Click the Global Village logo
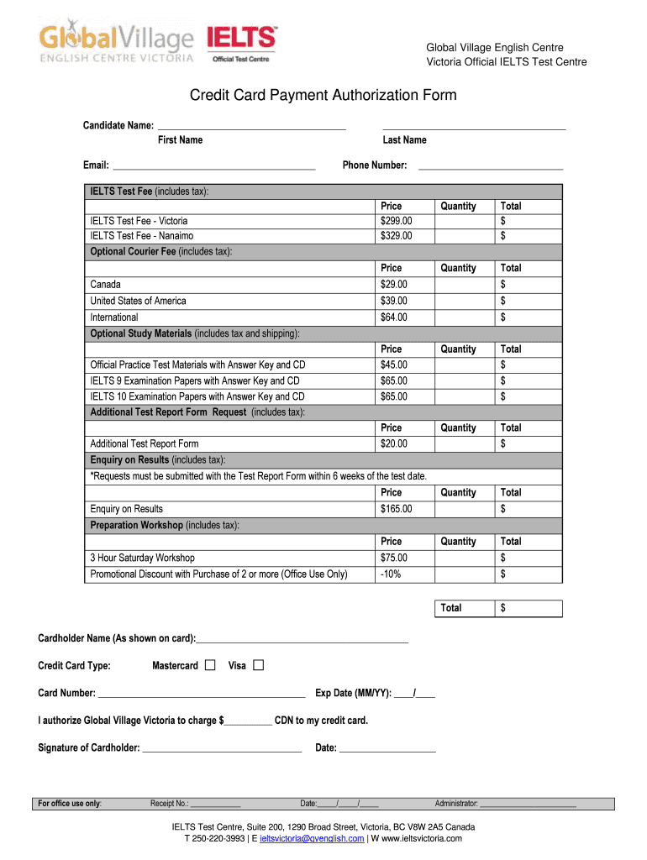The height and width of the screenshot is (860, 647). tap(116, 43)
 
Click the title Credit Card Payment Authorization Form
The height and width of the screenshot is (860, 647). tap(323, 95)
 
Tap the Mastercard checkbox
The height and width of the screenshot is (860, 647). tap(210, 665)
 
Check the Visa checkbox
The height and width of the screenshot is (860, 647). tap(258, 665)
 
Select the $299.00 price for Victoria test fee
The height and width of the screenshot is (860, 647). tap(397, 221)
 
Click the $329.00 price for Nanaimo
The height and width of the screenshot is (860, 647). tap(397, 236)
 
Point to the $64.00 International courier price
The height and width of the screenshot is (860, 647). tap(394, 317)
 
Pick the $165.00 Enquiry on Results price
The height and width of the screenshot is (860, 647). tap(397, 509)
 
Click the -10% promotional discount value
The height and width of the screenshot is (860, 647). tap(391, 574)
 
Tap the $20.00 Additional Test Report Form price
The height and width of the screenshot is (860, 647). tap(394, 443)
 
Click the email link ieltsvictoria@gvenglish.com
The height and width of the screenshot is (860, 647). tap(312, 838)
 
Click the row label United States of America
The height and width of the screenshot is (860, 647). tap(139, 301)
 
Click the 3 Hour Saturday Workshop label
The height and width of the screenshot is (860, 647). tap(143, 558)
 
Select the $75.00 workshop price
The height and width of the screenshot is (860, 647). tap(394, 558)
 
